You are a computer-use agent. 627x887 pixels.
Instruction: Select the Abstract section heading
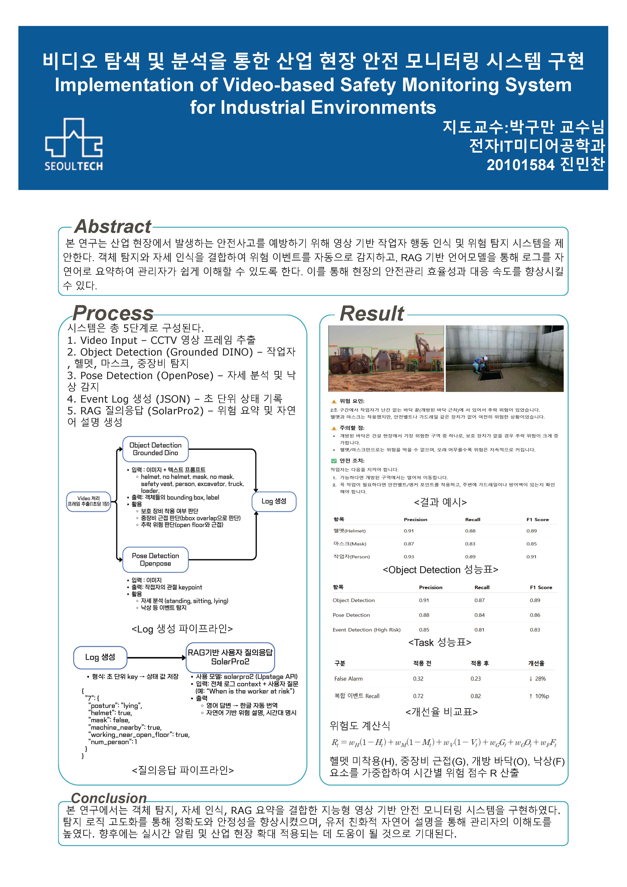113,226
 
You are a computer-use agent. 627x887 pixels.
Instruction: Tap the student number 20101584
520,165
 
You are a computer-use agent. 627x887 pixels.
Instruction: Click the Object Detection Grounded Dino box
155,449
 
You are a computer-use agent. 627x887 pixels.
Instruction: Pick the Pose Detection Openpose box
155,559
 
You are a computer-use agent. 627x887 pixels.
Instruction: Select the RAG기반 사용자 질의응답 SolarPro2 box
230,657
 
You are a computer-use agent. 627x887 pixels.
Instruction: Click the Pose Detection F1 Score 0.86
535,615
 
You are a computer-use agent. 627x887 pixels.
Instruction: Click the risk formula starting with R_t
443,742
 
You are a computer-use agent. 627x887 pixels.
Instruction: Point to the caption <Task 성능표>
440,642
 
